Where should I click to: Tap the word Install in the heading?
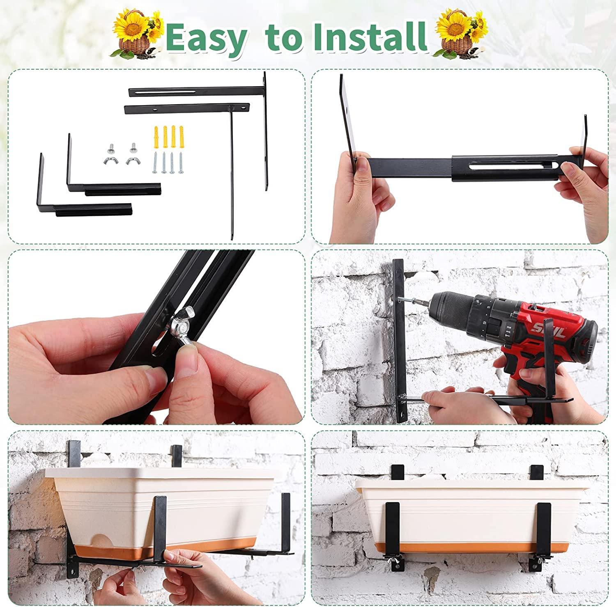[369, 37]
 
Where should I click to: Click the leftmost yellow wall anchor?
[156, 137]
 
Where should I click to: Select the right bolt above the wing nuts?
[133, 147]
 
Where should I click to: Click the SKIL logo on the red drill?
[548, 328]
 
